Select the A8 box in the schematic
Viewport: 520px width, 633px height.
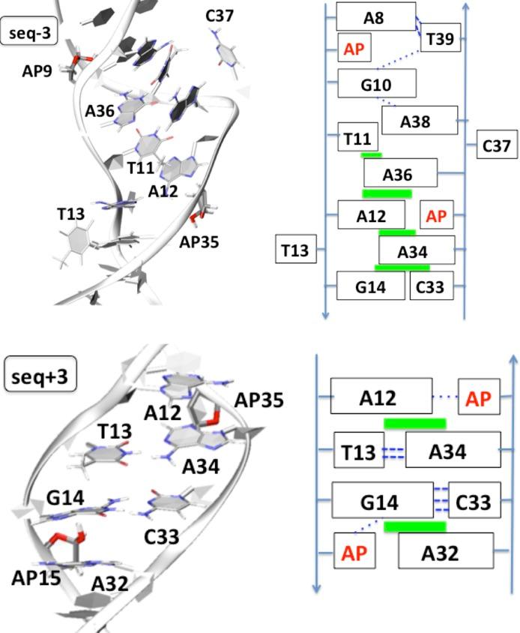tap(375, 16)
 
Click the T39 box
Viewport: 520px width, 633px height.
tap(440, 39)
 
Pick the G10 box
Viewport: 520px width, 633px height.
tap(376, 83)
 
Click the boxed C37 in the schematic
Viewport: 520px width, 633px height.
tap(497, 145)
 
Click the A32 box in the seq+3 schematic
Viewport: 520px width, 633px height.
tap(445, 553)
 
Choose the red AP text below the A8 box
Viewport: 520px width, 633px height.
tap(353, 49)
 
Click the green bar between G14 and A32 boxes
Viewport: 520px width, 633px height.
tap(414, 526)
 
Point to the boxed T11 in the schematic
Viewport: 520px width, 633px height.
tap(358, 138)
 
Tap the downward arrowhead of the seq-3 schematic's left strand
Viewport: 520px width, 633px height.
tap(325, 315)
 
